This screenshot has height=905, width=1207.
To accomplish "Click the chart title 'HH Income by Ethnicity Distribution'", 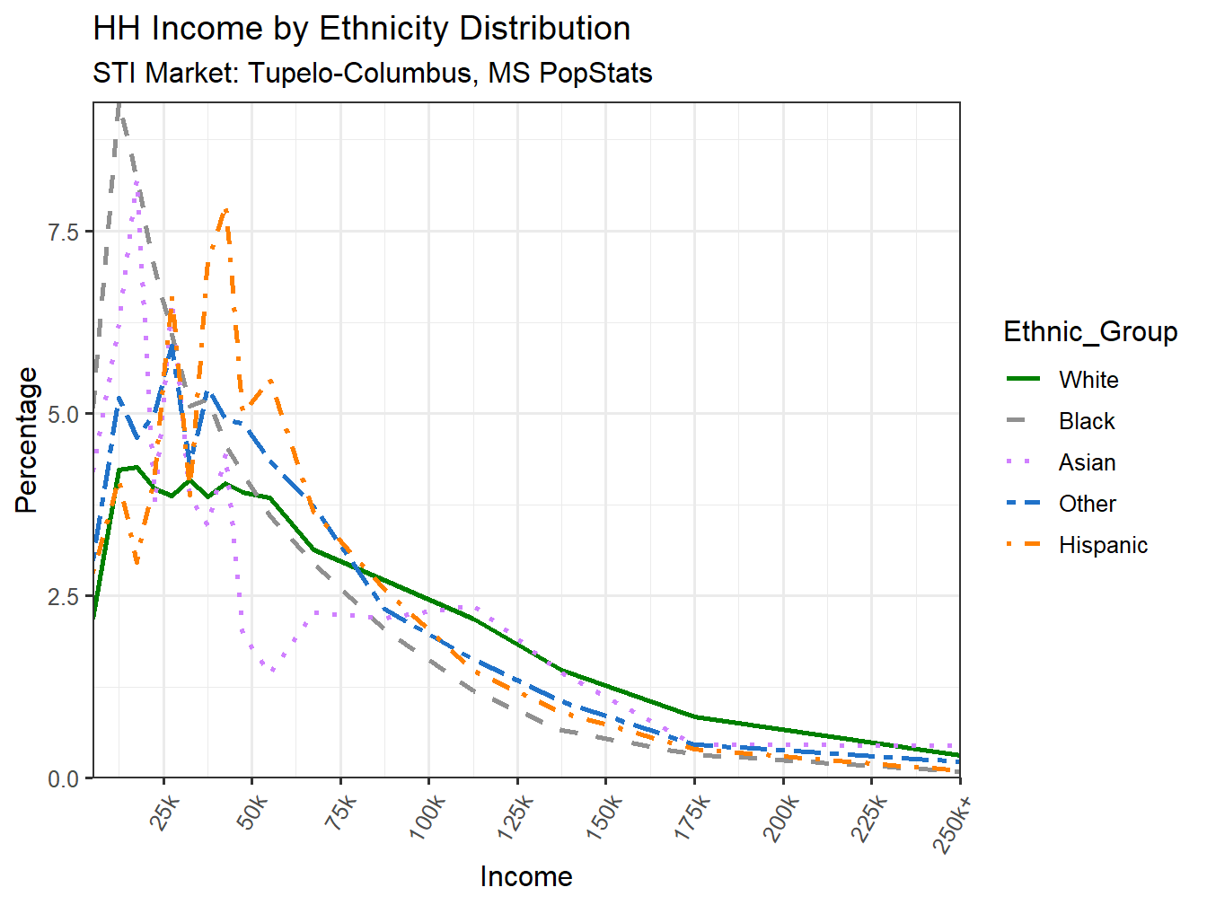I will click(x=361, y=29).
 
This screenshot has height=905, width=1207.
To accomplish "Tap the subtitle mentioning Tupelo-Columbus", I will click(x=372, y=73).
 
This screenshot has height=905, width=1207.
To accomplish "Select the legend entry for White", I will click(x=1088, y=380).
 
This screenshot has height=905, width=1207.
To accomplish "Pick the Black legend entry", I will click(x=1086, y=421).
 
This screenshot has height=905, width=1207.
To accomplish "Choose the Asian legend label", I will click(x=1087, y=462).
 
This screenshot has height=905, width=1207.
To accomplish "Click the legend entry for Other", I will click(x=1087, y=504).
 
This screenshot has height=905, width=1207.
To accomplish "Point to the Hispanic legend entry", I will click(x=1102, y=545).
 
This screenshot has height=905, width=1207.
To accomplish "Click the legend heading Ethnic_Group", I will click(x=1090, y=331).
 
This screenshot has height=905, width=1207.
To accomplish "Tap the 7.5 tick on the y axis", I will click(x=64, y=232).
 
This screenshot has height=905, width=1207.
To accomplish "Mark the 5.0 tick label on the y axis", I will click(x=64, y=414).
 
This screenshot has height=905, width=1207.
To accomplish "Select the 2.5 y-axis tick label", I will click(x=64, y=596).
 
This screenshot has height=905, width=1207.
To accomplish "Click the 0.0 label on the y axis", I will click(x=64, y=778).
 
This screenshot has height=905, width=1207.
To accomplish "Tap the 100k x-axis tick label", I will click(x=427, y=818).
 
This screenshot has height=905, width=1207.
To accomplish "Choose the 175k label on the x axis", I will click(x=692, y=818).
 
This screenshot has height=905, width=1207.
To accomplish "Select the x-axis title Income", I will click(x=526, y=876).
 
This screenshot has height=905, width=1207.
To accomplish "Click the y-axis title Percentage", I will click(x=26, y=440).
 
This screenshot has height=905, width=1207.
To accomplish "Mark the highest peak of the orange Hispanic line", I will click(x=225, y=209).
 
